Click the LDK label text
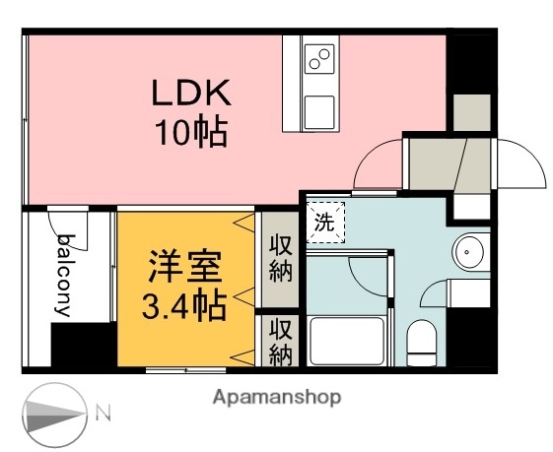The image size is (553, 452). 190,95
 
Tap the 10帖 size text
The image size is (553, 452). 190,130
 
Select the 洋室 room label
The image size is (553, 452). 185,268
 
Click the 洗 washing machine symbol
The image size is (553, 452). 324,222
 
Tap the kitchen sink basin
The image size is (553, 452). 317,110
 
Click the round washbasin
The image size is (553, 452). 468,251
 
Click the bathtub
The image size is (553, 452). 348,340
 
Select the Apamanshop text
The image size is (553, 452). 276,398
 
